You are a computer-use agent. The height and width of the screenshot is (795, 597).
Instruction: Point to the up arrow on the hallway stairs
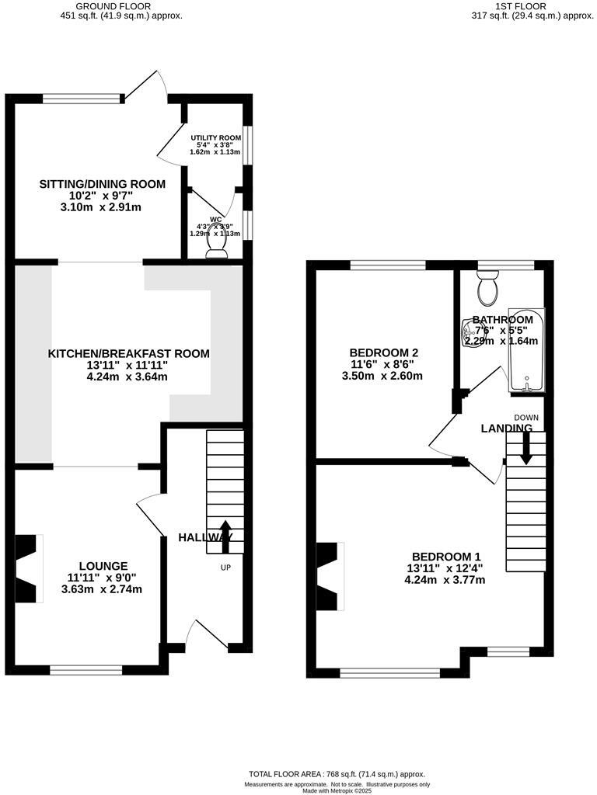(x=225, y=533)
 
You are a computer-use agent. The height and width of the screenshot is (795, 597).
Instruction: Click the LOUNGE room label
(x=103, y=565)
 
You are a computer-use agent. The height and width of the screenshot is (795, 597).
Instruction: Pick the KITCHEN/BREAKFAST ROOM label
(x=129, y=353)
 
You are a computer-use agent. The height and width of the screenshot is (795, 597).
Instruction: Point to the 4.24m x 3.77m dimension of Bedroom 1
(x=445, y=579)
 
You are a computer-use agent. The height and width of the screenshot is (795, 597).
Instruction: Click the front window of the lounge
(x=86, y=667)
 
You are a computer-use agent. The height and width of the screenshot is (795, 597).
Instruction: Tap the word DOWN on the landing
(x=526, y=417)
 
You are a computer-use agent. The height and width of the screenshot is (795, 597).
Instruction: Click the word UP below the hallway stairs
(x=225, y=568)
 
